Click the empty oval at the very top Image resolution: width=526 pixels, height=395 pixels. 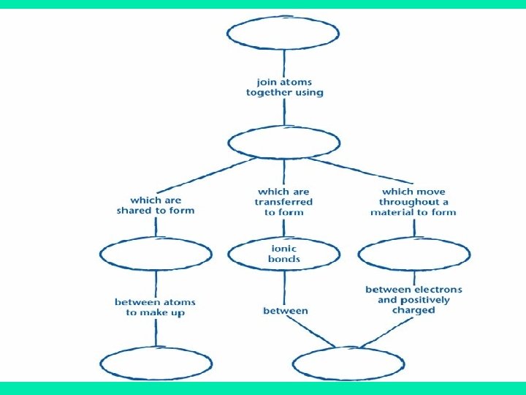tap(283, 32)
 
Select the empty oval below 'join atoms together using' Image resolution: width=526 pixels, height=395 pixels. tap(283, 142)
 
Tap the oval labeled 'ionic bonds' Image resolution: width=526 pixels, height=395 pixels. tap(283, 253)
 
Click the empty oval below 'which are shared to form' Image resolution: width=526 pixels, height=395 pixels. tap(156, 253)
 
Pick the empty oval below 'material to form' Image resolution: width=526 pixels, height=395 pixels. tap(413, 253)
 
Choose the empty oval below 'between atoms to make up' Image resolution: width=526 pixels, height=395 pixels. tap(155, 364)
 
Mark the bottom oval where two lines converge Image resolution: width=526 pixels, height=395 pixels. tap(348, 364)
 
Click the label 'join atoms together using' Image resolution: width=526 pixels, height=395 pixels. tap(284, 86)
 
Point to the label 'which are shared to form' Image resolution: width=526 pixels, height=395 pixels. tap(156, 205)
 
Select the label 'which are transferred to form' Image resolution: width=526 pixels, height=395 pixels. tap(283, 202)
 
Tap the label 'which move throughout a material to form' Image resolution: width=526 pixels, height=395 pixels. tap(413, 202)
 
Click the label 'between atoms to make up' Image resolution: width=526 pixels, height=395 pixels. tap(155, 306)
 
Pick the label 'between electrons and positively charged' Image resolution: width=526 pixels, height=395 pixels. tap(413, 300)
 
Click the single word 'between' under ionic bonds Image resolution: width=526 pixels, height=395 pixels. tap(286, 310)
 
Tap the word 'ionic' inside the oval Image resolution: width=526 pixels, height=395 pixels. tap(283, 248)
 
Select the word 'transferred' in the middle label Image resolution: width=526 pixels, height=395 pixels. tap(283, 202)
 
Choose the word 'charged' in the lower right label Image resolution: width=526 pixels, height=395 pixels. tap(413, 310)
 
